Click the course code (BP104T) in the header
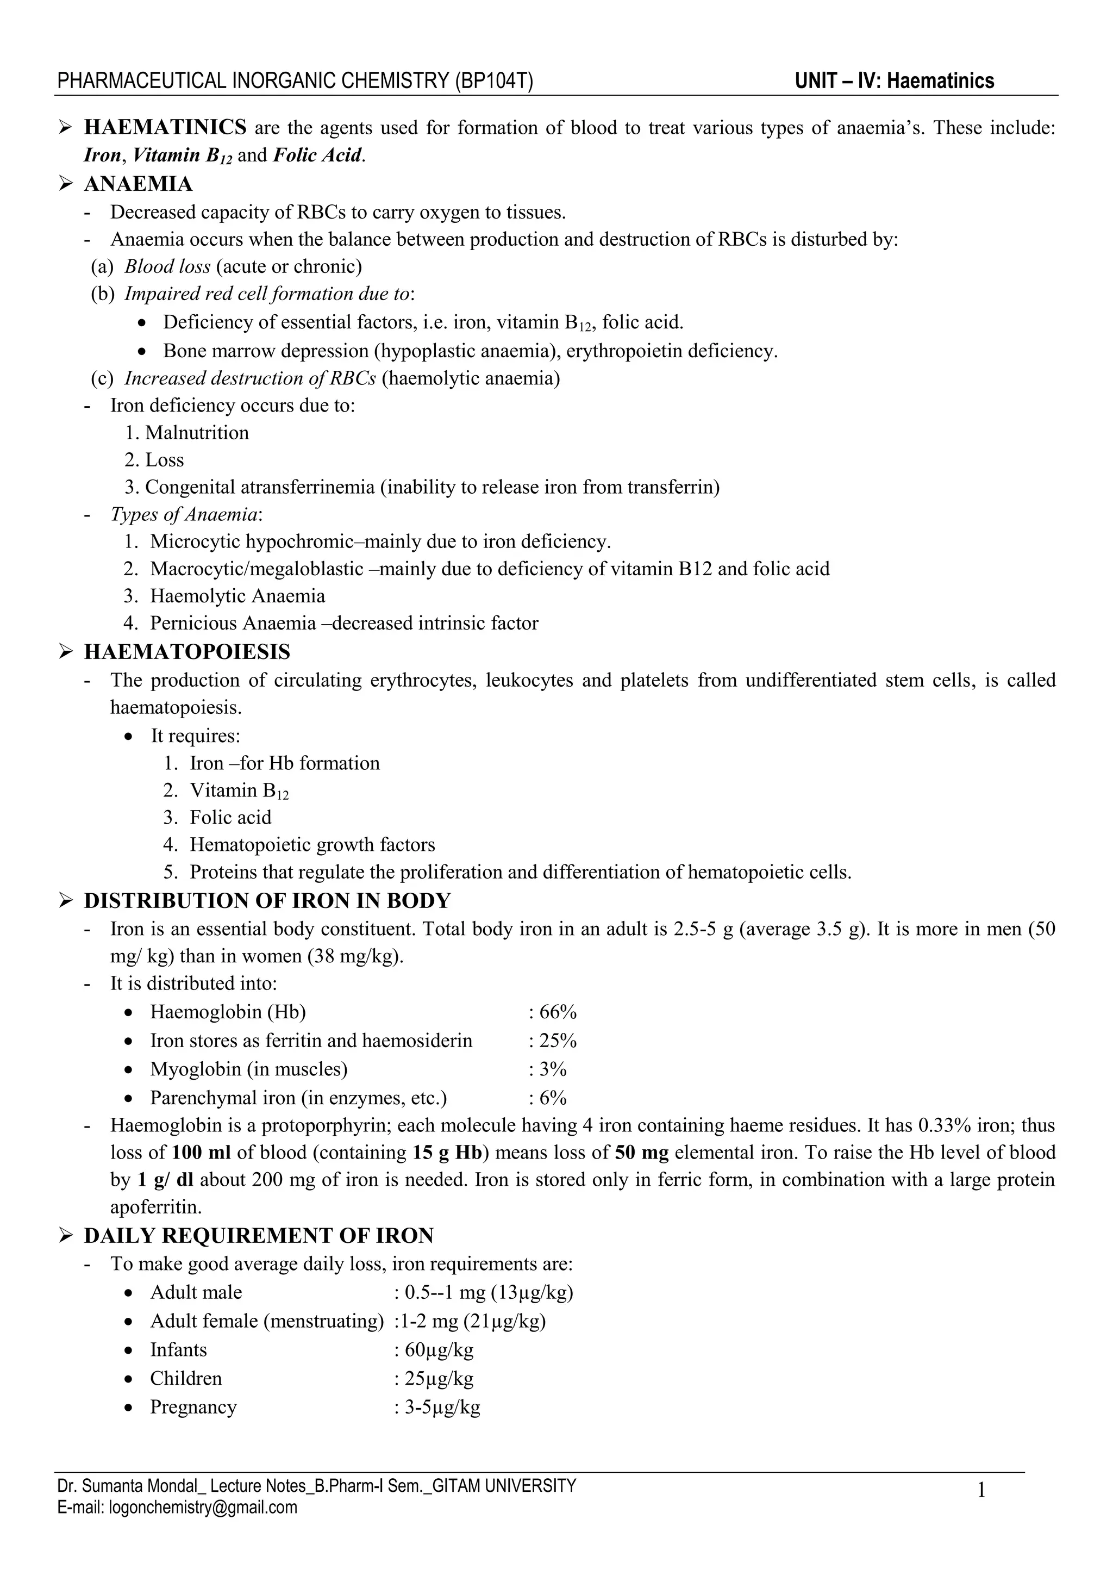(x=493, y=81)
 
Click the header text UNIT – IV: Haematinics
(x=894, y=81)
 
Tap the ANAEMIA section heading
(x=138, y=184)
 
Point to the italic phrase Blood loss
(x=167, y=266)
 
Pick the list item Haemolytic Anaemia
(x=237, y=596)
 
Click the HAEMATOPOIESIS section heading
(x=186, y=652)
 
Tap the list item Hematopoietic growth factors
(x=312, y=845)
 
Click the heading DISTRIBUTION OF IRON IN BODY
(x=267, y=901)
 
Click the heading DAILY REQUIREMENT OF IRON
(x=259, y=1236)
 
